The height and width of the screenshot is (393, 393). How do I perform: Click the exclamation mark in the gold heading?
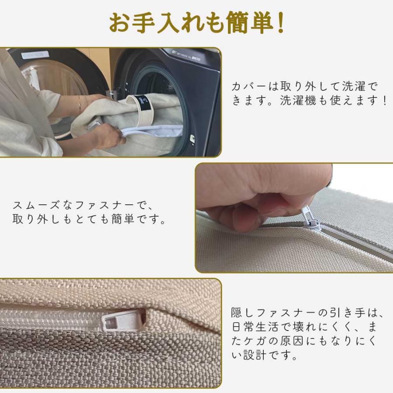[281, 23]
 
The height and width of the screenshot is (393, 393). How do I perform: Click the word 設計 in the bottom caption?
[255, 355]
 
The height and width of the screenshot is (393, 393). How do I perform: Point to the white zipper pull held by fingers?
[311, 219]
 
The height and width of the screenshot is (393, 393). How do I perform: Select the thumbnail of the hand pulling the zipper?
[294, 218]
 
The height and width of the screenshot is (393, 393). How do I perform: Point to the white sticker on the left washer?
[35, 55]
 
